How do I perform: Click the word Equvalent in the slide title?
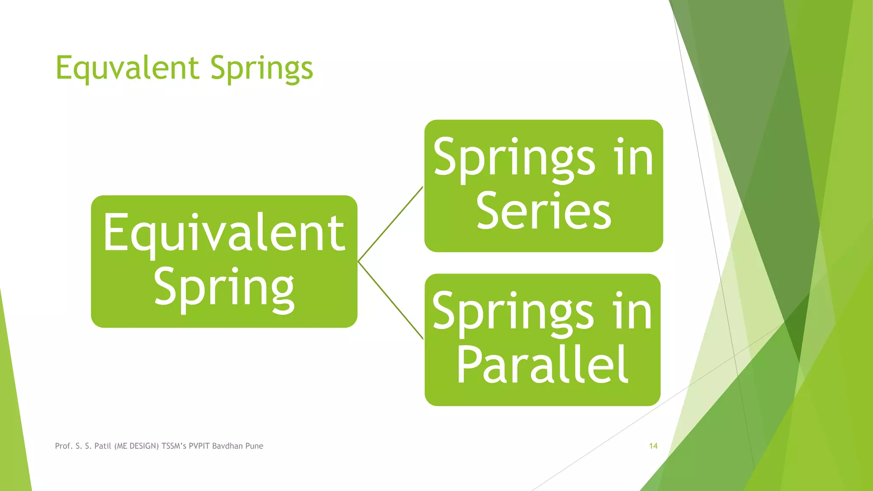click(127, 68)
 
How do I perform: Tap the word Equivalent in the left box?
click(224, 233)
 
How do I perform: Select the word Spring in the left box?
click(224, 288)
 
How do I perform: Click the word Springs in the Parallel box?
click(513, 312)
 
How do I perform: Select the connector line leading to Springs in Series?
click(390, 224)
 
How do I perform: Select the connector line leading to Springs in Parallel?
click(390, 300)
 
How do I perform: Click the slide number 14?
click(653, 446)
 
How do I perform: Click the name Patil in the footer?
click(103, 446)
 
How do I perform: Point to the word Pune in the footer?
click(254, 446)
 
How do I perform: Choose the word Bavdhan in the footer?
click(227, 446)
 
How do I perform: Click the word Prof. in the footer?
click(64, 446)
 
